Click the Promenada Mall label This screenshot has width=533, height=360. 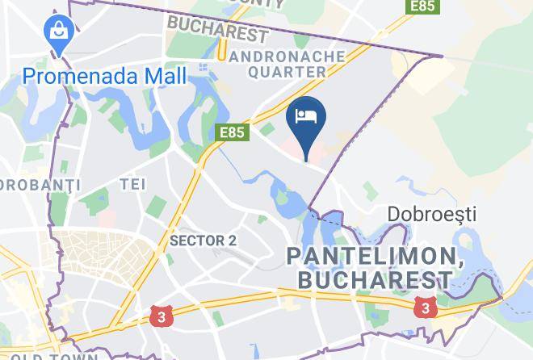coord(104,77)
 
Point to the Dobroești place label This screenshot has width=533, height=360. coord(432,215)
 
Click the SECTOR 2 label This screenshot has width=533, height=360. coord(203,241)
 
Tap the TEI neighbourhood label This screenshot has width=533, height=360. coord(132,185)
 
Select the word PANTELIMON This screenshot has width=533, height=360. coord(370,257)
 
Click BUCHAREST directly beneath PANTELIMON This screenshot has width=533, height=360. coord(375,280)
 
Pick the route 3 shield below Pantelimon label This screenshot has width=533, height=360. coord(423,306)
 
